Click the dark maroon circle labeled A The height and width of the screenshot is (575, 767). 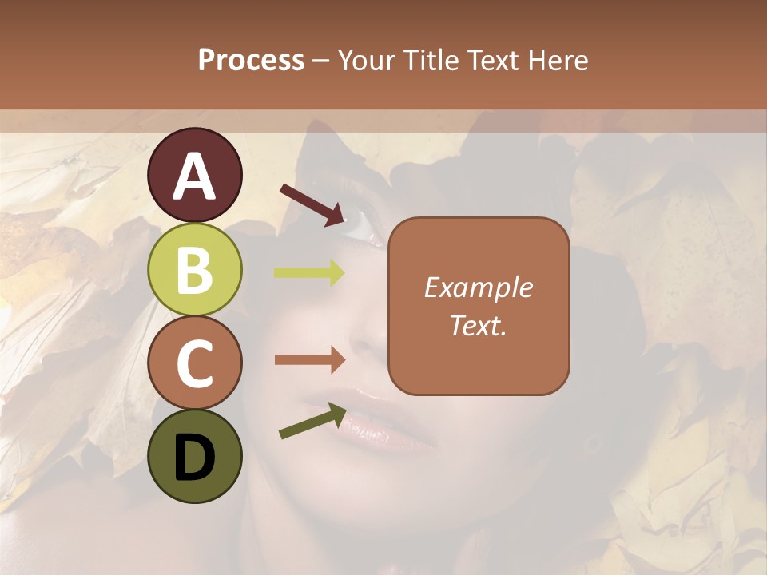(194, 175)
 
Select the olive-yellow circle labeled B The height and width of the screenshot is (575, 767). (194, 269)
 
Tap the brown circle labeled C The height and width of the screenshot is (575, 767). (194, 363)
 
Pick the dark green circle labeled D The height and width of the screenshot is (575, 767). (194, 456)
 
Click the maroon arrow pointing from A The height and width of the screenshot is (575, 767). (312, 204)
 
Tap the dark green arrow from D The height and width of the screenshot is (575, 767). (312, 421)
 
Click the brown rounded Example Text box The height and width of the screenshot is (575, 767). (479, 306)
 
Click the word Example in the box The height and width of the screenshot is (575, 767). (479, 287)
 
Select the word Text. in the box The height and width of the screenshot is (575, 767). (479, 325)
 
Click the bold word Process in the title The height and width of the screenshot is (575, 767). (251, 61)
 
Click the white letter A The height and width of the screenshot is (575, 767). (194, 176)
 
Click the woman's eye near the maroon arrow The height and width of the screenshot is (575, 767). (364, 228)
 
